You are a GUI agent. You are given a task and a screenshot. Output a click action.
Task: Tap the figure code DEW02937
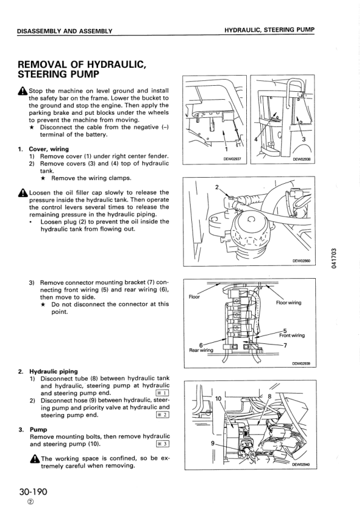tap(232, 159)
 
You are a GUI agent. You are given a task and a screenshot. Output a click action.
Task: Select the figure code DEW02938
tap(301, 159)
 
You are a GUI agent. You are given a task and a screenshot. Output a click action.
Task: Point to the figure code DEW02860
tap(301, 261)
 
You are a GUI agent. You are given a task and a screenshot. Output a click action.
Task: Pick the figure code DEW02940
tap(301, 465)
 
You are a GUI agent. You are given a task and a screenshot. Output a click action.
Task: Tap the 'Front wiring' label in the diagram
tap(292, 335)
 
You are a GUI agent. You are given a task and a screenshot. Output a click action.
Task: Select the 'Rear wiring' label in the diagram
tap(201, 349)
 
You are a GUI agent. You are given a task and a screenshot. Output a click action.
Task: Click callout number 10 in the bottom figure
tap(218, 398)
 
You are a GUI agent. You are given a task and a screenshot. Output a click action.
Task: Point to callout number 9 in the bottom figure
tap(212, 443)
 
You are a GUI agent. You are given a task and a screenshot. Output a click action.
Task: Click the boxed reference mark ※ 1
tap(162, 393)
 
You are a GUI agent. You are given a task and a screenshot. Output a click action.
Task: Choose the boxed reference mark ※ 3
tap(162, 444)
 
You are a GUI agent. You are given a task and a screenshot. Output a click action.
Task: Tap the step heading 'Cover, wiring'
tap(49, 149)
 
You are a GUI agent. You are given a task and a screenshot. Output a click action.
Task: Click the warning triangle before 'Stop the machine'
tap(22, 91)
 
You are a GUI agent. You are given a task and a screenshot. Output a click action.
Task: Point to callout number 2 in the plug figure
tap(217, 187)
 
